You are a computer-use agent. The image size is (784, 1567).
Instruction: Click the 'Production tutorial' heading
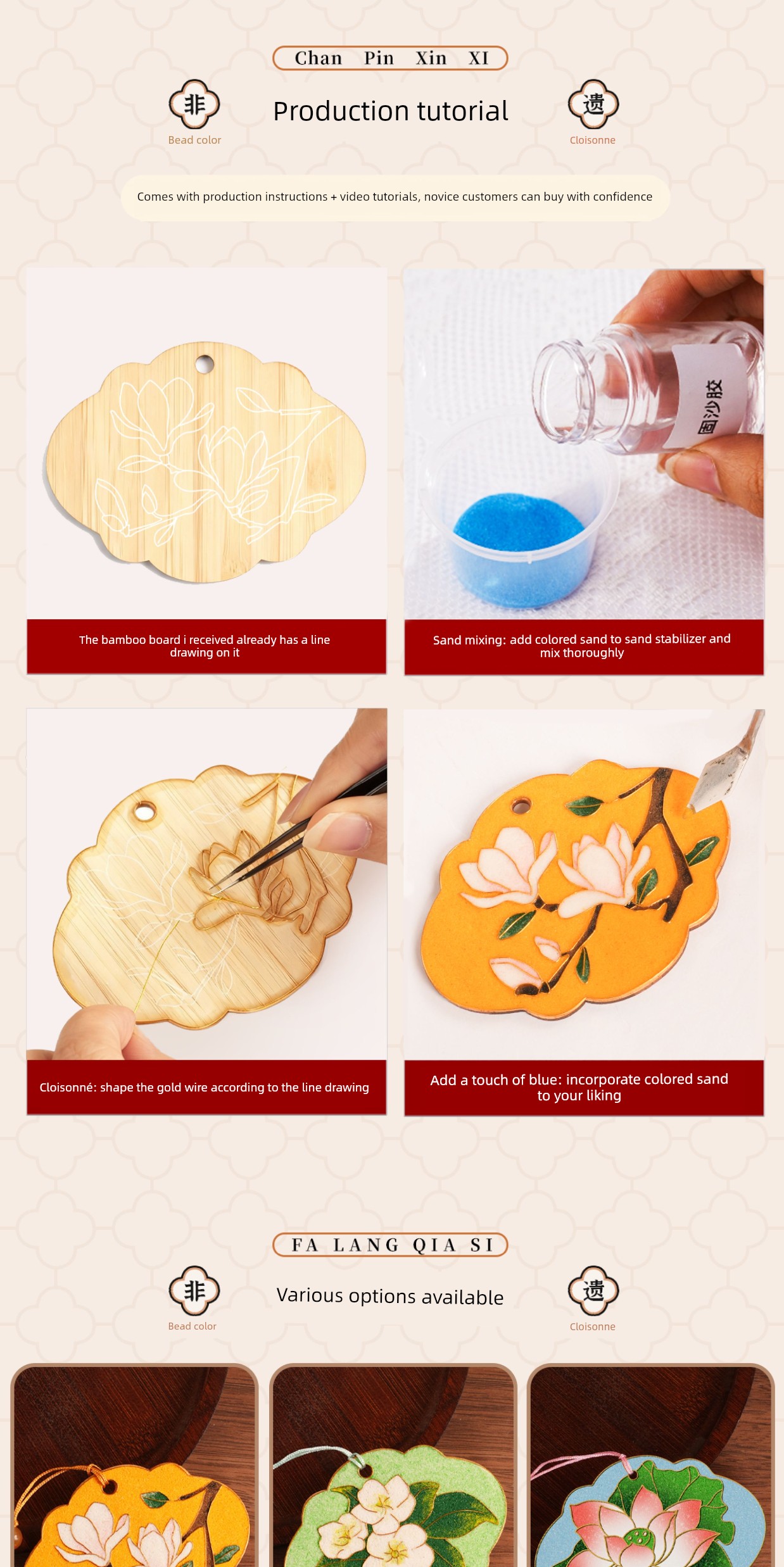click(x=391, y=111)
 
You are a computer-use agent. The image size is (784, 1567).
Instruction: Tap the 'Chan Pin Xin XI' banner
click(x=390, y=58)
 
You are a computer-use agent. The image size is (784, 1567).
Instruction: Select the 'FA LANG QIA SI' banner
click(x=390, y=1245)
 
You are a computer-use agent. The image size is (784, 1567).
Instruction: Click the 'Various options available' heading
click(x=390, y=1295)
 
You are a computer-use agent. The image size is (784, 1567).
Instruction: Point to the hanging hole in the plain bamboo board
click(x=205, y=364)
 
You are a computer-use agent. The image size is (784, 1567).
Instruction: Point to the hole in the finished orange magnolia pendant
click(x=521, y=806)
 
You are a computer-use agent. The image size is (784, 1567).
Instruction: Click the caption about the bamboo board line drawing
click(x=205, y=646)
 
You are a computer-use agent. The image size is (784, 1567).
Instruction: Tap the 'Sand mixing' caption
click(x=582, y=646)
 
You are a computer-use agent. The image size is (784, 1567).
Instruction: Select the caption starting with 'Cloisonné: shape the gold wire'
click(x=204, y=1087)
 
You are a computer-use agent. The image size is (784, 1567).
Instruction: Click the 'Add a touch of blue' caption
click(x=579, y=1087)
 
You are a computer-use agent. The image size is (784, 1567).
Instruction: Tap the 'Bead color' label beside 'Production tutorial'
click(x=194, y=140)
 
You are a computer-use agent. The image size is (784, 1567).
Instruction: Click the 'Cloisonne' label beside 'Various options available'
click(x=593, y=1326)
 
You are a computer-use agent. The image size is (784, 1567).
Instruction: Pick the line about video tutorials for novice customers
click(x=395, y=197)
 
